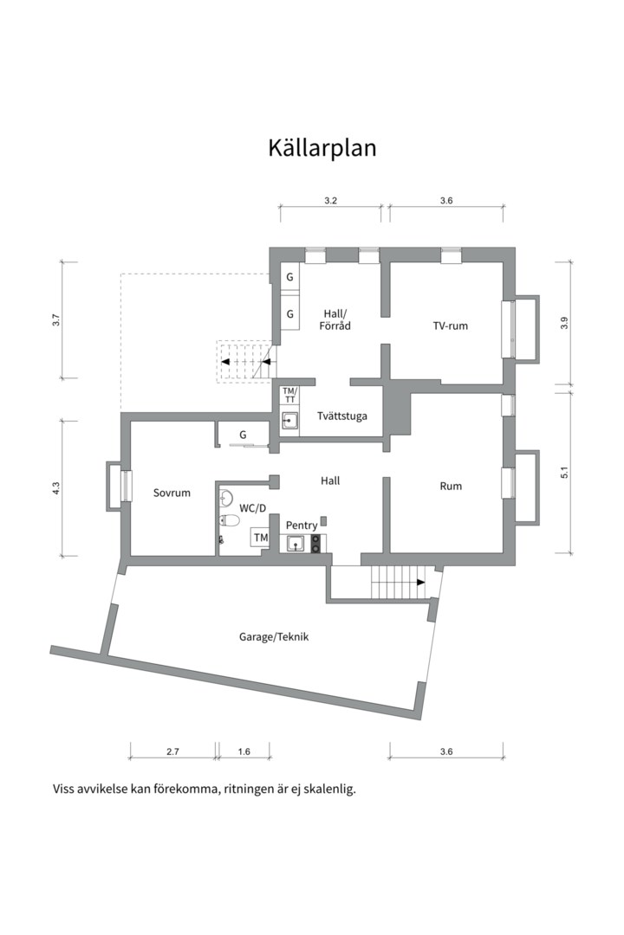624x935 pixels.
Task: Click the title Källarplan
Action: [x=322, y=148]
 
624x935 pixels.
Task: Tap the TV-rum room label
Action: [x=451, y=326]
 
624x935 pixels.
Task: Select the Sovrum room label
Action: [x=172, y=493]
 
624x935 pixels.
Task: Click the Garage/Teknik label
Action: [x=274, y=637]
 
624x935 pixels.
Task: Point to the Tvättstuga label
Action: [x=342, y=416]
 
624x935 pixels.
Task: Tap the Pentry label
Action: [x=302, y=526]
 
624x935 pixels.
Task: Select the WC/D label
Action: [x=252, y=508]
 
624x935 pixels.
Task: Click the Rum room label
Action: [x=451, y=486]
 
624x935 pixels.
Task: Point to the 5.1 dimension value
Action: [x=564, y=472]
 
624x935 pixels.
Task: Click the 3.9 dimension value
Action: [x=564, y=323]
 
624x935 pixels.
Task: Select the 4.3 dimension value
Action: [x=55, y=487]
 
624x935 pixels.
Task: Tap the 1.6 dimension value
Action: [x=244, y=751]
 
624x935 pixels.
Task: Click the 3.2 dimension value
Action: [x=330, y=200]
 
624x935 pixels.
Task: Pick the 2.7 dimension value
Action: [x=172, y=751]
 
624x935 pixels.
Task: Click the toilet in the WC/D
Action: [x=229, y=521]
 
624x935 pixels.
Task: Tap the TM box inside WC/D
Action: [x=260, y=538]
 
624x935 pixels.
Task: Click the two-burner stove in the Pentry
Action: [x=315, y=543]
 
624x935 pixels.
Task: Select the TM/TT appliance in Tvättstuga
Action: [x=289, y=395]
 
